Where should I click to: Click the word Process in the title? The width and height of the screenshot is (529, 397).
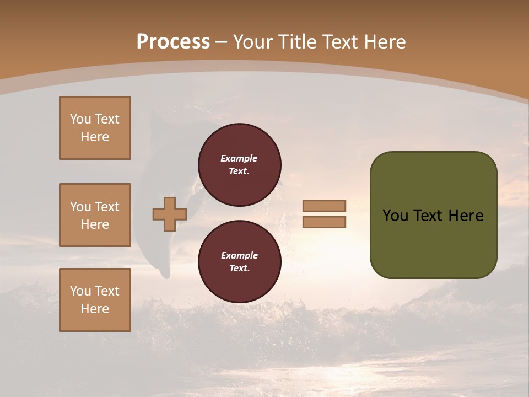[173, 42]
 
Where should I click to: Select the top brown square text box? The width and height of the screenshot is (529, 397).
[95, 128]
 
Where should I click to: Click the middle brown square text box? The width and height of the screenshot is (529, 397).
[95, 215]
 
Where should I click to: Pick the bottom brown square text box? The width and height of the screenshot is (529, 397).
[95, 300]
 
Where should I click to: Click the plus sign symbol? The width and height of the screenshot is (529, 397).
[170, 214]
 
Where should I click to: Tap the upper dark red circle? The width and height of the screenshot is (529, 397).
[239, 164]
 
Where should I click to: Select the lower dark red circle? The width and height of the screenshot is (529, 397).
[239, 262]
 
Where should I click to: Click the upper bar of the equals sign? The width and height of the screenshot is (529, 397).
[324, 206]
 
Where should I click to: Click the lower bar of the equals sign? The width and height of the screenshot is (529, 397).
[324, 222]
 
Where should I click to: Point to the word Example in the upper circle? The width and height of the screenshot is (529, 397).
[239, 158]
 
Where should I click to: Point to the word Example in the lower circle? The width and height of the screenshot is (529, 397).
[239, 255]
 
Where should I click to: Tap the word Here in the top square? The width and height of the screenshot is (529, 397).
[95, 137]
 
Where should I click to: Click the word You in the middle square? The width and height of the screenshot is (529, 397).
[80, 207]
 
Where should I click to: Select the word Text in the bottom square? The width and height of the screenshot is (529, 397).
[106, 291]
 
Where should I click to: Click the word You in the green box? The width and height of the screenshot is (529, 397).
[395, 216]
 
